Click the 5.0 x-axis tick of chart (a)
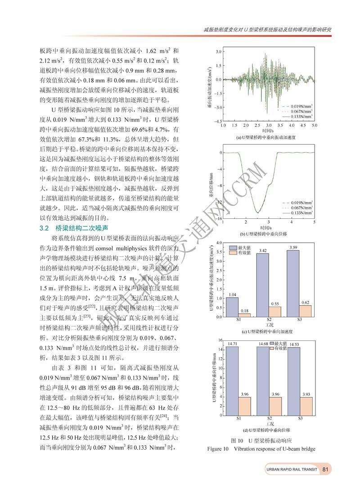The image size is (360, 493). pyautogui.click(x=314, y=126)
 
